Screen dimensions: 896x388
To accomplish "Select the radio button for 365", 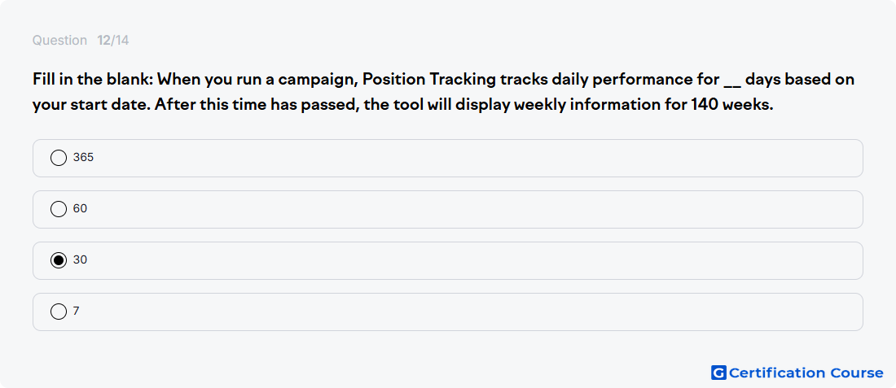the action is (59, 158).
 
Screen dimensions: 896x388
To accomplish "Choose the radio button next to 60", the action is (59, 209).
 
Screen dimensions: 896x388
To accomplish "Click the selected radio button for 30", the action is (59, 260).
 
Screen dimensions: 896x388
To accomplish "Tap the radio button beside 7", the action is (59, 312).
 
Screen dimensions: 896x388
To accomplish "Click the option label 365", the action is (83, 158).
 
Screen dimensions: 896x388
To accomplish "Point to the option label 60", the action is (80, 209).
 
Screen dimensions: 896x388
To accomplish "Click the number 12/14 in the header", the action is (113, 41).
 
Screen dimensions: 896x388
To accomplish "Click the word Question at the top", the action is (59, 41).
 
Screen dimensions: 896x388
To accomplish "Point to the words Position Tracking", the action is (429, 80).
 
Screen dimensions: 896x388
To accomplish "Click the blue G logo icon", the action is (718, 373).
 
